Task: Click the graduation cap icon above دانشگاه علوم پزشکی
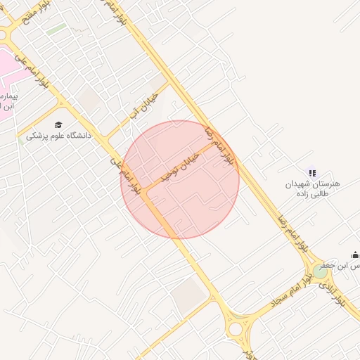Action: coord(58,124)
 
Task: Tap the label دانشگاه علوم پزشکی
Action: coord(59,135)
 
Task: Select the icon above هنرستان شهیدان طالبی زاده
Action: coord(312,172)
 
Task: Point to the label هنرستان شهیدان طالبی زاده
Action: coord(312,188)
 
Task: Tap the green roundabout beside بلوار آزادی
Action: coord(320,271)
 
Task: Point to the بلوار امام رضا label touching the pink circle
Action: coord(219,146)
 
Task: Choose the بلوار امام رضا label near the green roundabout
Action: coord(294,233)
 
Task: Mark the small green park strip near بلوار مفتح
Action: coord(58,29)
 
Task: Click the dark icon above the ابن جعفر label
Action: coord(355,255)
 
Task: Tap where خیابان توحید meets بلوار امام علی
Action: coord(148,193)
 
